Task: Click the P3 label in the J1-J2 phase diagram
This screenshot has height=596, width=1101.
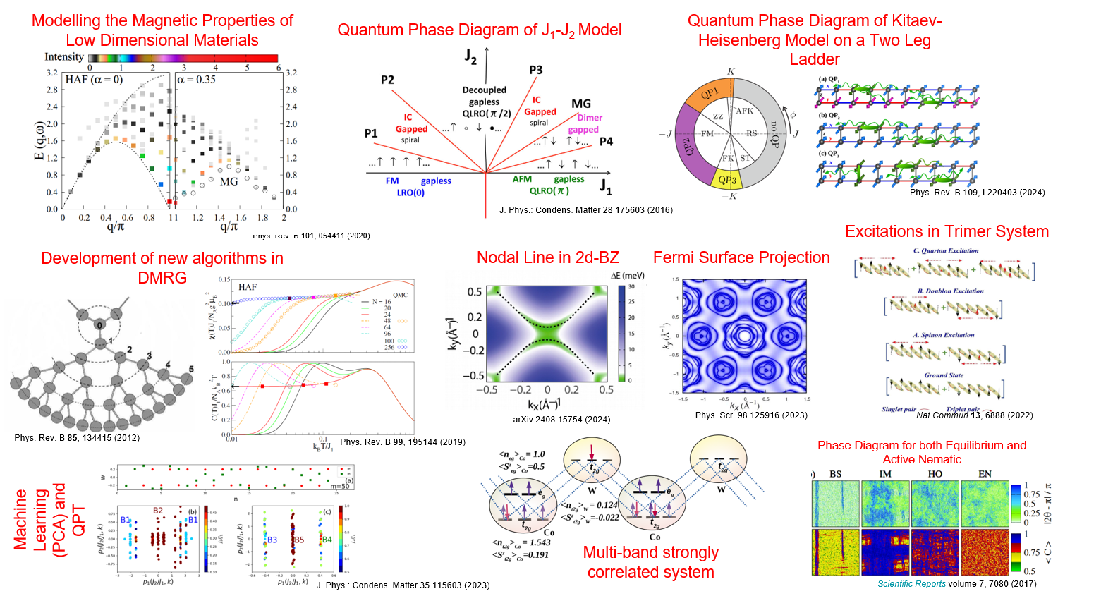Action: pyautogui.click(x=536, y=70)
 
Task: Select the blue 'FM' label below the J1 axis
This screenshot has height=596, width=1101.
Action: pyautogui.click(x=392, y=181)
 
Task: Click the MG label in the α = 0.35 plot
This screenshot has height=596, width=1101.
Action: pyautogui.click(x=229, y=181)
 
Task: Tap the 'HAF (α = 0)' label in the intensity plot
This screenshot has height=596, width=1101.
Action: pyautogui.click(x=94, y=80)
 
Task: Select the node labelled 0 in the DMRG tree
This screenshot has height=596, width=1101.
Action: pyautogui.click(x=99, y=325)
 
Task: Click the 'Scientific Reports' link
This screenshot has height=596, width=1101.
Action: pyautogui.click(x=911, y=583)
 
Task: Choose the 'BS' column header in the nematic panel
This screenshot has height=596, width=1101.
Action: pyautogui.click(x=836, y=474)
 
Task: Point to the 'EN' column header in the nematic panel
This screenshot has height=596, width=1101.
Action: pyautogui.click(x=985, y=474)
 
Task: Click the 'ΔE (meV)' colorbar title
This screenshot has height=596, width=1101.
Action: pyautogui.click(x=627, y=275)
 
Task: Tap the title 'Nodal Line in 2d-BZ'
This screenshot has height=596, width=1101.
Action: pyautogui.click(x=547, y=257)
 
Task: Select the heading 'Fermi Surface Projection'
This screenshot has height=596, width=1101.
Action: pyautogui.click(x=741, y=257)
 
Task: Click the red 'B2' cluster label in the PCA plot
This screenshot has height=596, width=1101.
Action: pyautogui.click(x=158, y=511)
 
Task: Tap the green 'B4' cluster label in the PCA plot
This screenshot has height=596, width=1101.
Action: pyautogui.click(x=327, y=540)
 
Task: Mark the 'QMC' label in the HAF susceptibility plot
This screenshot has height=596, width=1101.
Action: pyautogui.click(x=400, y=295)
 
